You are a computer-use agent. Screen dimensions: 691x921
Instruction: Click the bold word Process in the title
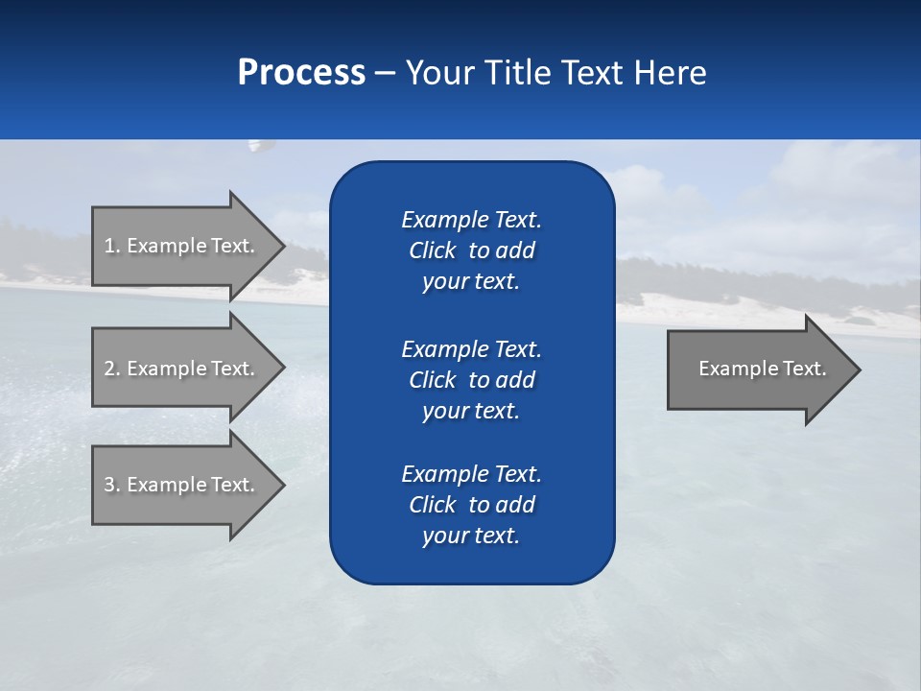coord(301,73)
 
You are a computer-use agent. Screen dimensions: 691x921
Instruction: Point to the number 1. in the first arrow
coord(111,246)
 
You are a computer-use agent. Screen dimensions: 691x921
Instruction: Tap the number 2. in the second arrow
coord(111,369)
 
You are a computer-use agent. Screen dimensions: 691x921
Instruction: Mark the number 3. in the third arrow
coord(111,485)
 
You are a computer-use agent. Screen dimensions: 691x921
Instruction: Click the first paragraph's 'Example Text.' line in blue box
coord(471,220)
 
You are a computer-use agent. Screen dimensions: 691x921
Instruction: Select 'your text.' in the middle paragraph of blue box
coord(471,411)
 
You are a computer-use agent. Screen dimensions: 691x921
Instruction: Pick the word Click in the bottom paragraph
coord(433,505)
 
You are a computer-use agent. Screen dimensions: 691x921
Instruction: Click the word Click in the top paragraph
coord(433,250)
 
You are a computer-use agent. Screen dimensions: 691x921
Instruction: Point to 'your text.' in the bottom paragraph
coord(471,536)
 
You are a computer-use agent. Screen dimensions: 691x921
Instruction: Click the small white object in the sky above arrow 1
coord(256,146)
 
